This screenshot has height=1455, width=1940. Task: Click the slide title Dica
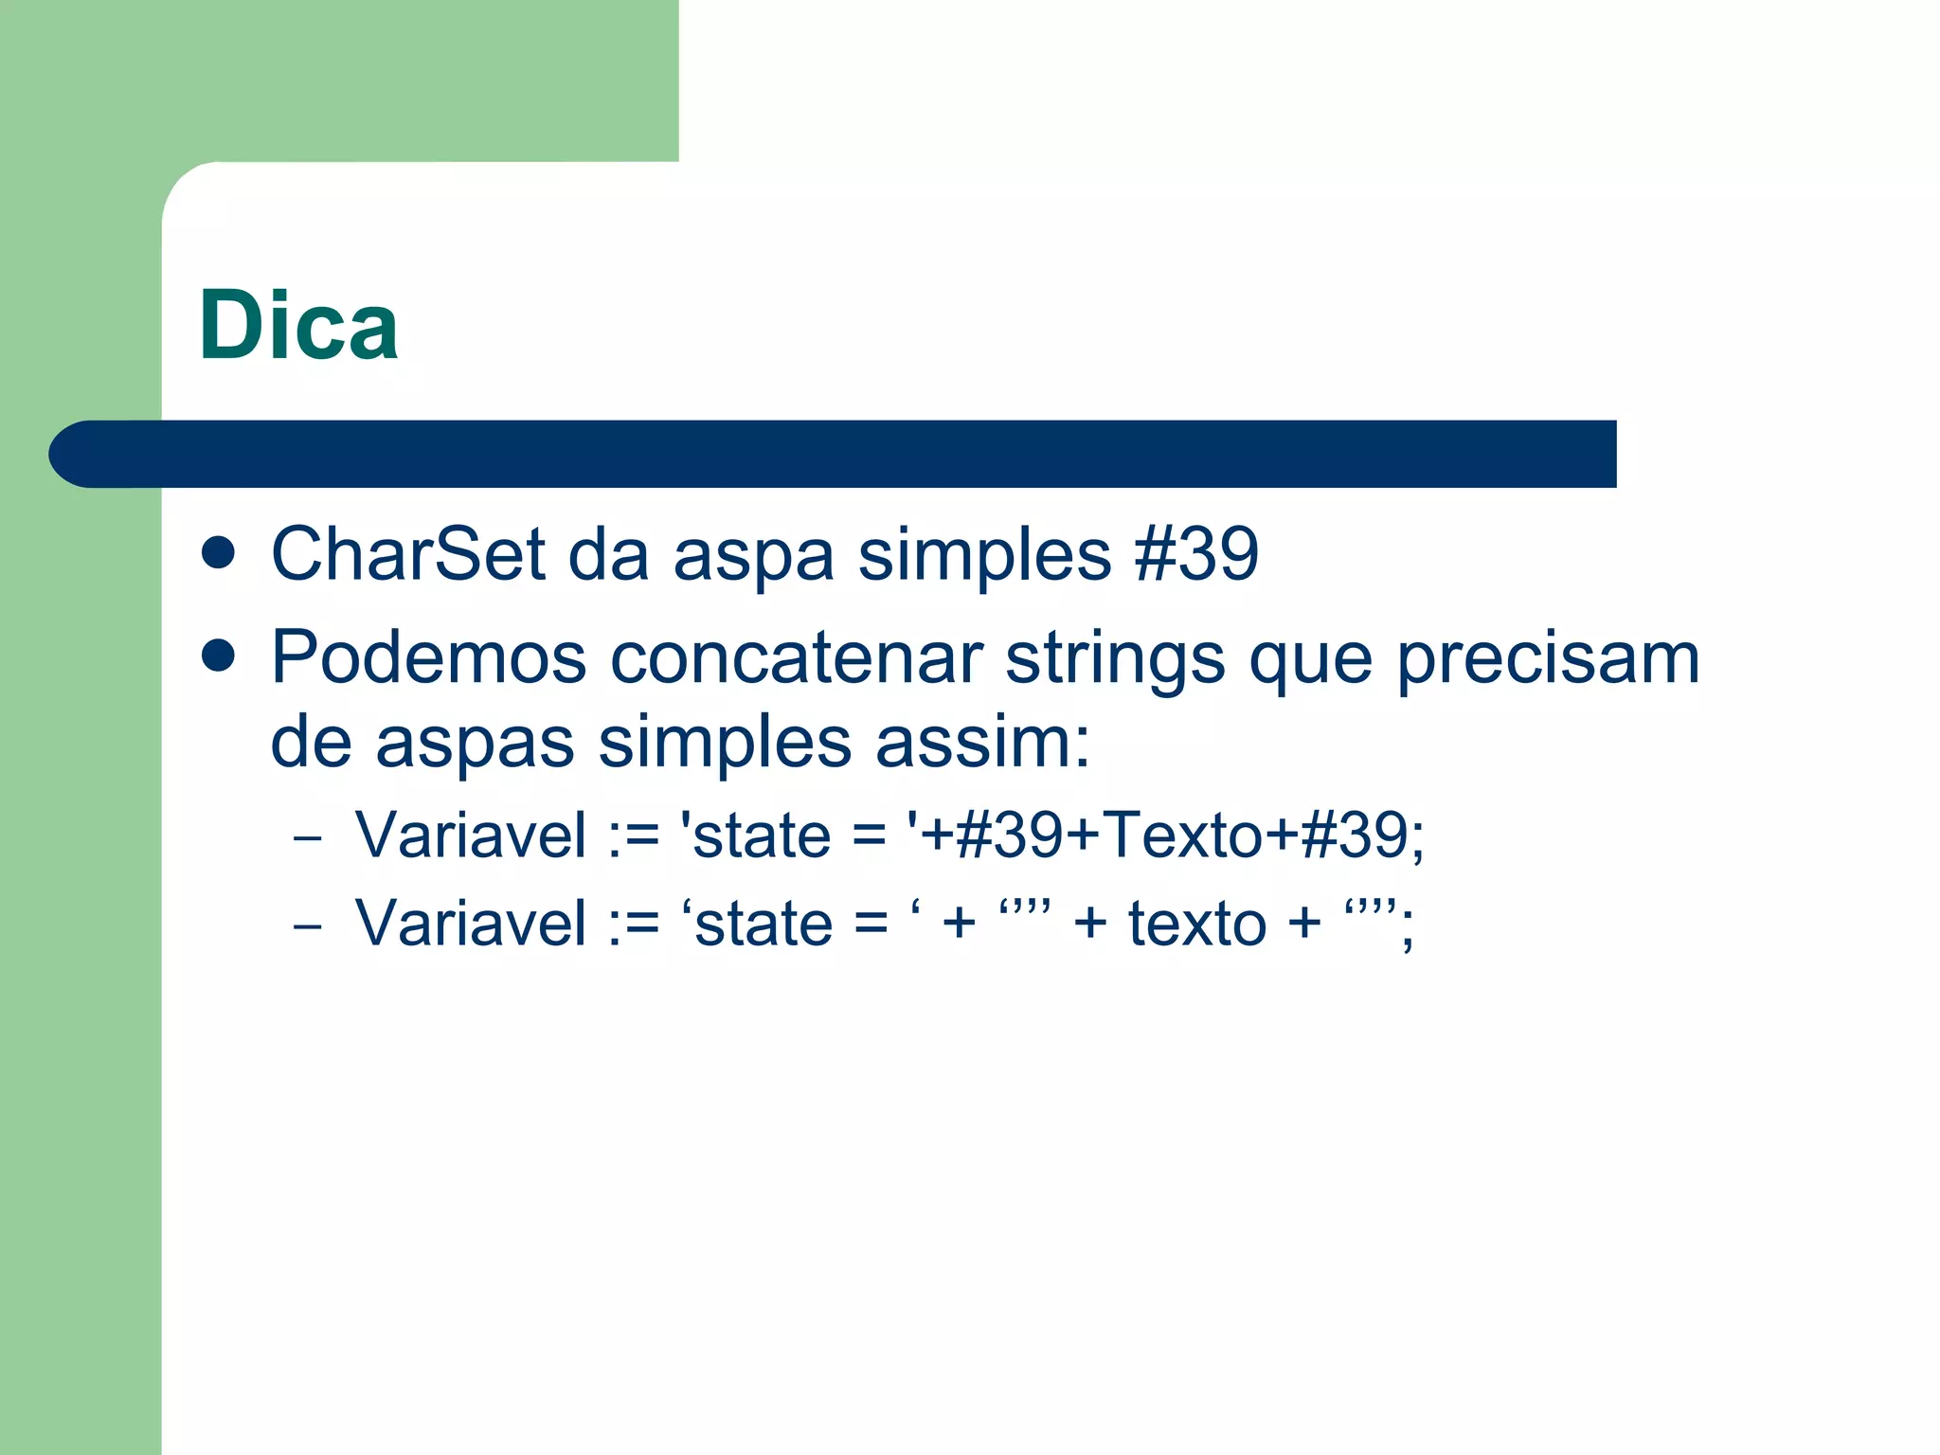tap(298, 326)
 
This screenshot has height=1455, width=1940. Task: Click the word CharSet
tap(407, 554)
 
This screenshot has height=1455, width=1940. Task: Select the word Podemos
tap(428, 657)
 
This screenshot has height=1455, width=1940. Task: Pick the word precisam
tap(1549, 657)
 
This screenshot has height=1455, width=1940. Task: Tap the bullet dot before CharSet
tap(219, 554)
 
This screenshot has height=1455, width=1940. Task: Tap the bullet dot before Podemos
tap(219, 656)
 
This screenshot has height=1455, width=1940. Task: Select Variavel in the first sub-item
tap(471, 835)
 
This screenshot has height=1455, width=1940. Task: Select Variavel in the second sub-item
tap(471, 924)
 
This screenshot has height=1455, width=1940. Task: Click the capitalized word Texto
tap(1183, 835)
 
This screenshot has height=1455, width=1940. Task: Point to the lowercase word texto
tap(1196, 924)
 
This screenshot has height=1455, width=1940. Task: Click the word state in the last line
tap(763, 924)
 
